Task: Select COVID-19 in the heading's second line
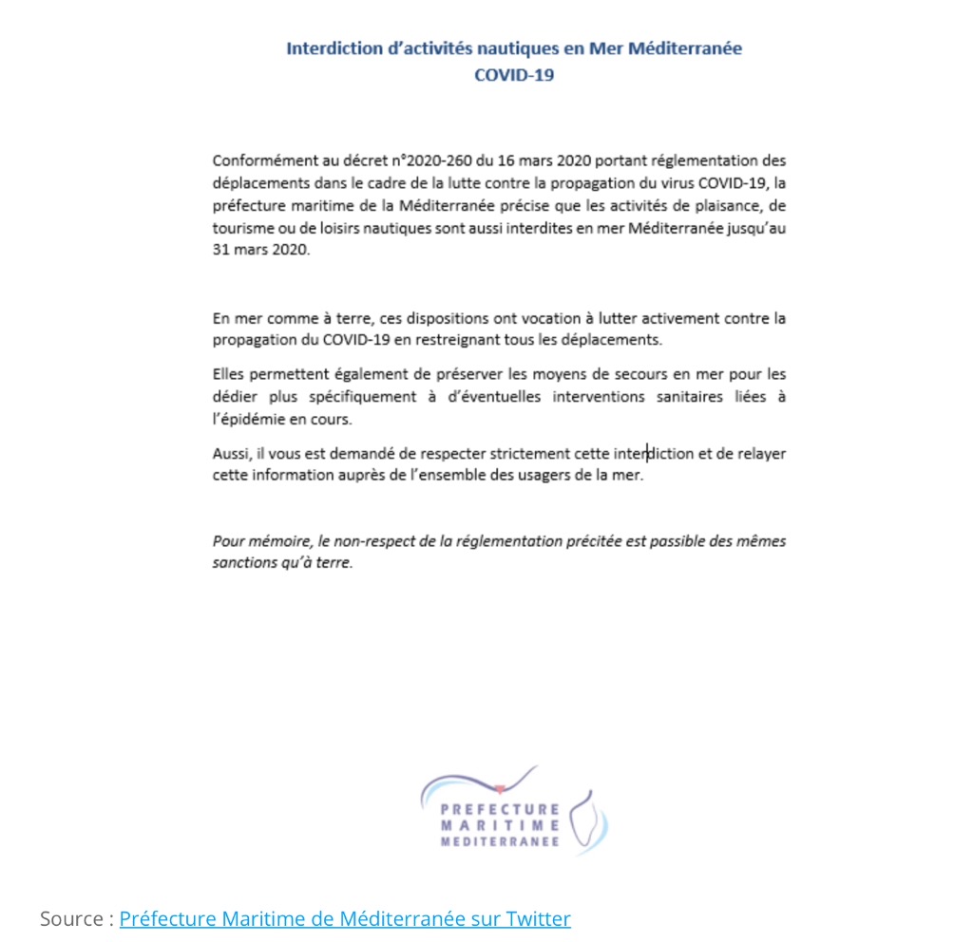click(514, 75)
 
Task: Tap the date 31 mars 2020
click(260, 252)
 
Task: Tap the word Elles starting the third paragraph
click(230, 374)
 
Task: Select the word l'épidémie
click(249, 420)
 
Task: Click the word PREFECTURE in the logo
click(500, 809)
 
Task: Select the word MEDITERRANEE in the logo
click(500, 841)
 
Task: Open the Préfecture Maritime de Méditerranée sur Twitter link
click(345, 918)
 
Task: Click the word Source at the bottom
click(71, 918)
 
